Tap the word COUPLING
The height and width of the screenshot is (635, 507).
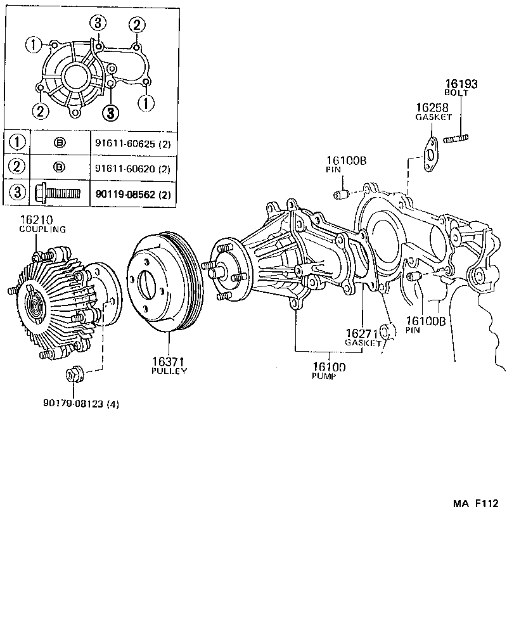pos(42,229)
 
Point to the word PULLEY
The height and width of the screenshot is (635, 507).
pos(169,371)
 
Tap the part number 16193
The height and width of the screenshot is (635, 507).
pos(461,84)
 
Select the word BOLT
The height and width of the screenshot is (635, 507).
pos(456,93)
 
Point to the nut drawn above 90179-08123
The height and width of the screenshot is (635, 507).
pos(73,375)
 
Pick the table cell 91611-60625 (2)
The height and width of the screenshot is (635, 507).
pos(132,143)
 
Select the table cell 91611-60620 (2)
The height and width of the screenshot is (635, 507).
pos(132,168)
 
